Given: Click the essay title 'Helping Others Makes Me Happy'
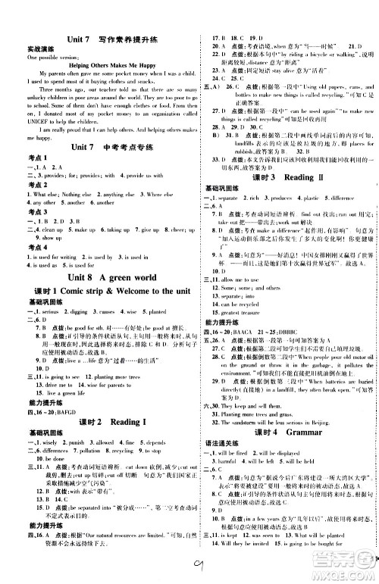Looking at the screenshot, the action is coord(96,65).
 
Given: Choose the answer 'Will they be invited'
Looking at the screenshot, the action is coord(238,565).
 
